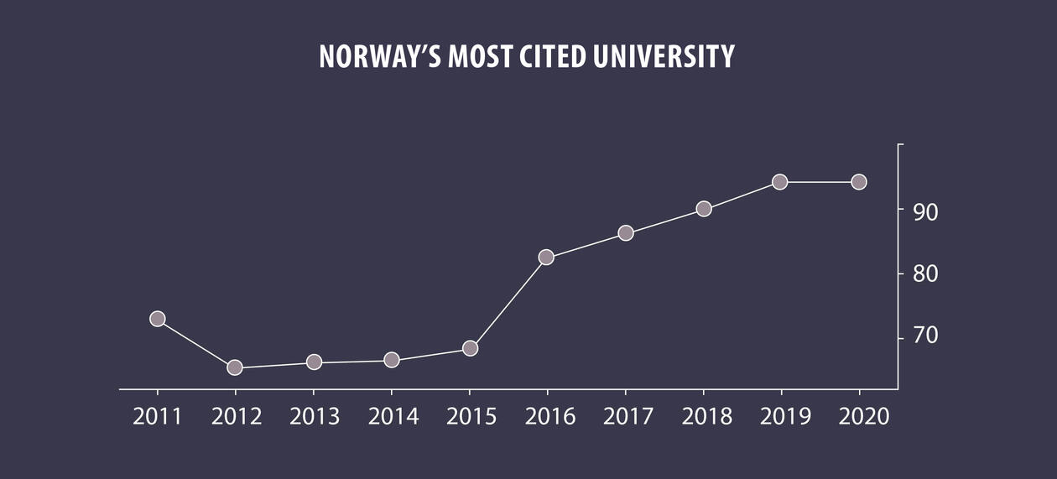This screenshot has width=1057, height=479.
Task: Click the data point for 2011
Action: click(157, 319)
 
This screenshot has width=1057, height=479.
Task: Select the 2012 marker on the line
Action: click(235, 367)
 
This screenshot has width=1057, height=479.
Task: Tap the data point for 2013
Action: click(314, 362)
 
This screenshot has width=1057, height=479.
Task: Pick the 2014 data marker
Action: click(392, 360)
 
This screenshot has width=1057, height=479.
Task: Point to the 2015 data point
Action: click(470, 348)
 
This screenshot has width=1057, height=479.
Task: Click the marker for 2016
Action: click(546, 258)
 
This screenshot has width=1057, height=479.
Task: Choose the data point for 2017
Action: click(625, 233)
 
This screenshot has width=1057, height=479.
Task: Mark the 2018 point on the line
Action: click(704, 209)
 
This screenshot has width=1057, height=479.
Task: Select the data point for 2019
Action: click(780, 182)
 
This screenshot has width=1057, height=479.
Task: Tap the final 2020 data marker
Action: click(859, 182)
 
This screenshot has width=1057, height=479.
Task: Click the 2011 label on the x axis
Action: click(158, 417)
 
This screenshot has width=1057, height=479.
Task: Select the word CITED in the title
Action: click(556, 57)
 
